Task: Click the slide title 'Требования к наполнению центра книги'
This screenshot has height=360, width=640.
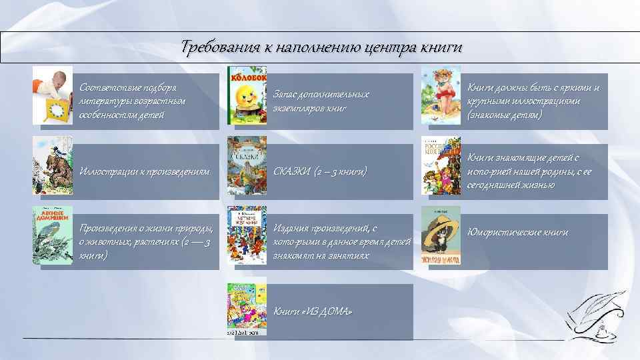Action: (321, 48)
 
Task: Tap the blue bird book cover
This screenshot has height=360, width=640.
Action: (53, 235)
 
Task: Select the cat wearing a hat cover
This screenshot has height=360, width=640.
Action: (440, 235)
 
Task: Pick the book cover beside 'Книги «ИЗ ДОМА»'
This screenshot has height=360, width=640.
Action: (247, 307)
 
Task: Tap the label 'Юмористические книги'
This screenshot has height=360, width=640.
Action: (517, 233)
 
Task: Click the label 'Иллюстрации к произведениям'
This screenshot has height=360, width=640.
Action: (145, 172)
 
